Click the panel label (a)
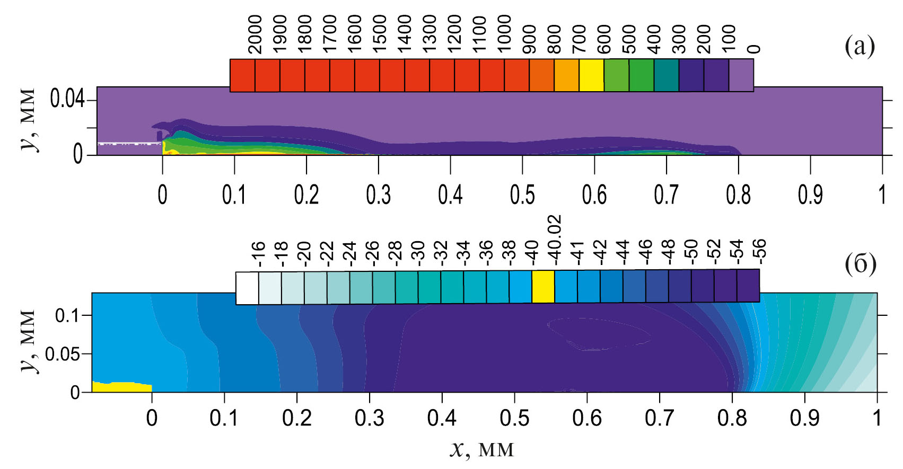(x=859, y=47)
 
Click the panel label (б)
(x=860, y=263)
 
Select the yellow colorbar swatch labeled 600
(x=591, y=75)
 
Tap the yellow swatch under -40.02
(x=543, y=287)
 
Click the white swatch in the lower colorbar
(x=247, y=288)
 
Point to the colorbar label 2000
(x=255, y=34)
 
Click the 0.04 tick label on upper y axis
(x=67, y=99)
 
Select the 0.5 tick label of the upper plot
(x=522, y=195)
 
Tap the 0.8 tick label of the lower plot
(x=732, y=418)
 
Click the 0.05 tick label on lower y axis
(x=62, y=354)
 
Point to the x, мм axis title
(x=481, y=449)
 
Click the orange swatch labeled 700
(x=566, y=75)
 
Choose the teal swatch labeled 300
(x=666, y=75)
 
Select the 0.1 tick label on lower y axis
(x=67, y=316)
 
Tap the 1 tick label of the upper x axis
(x=882, y=195)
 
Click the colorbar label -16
(x=258, y=253)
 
